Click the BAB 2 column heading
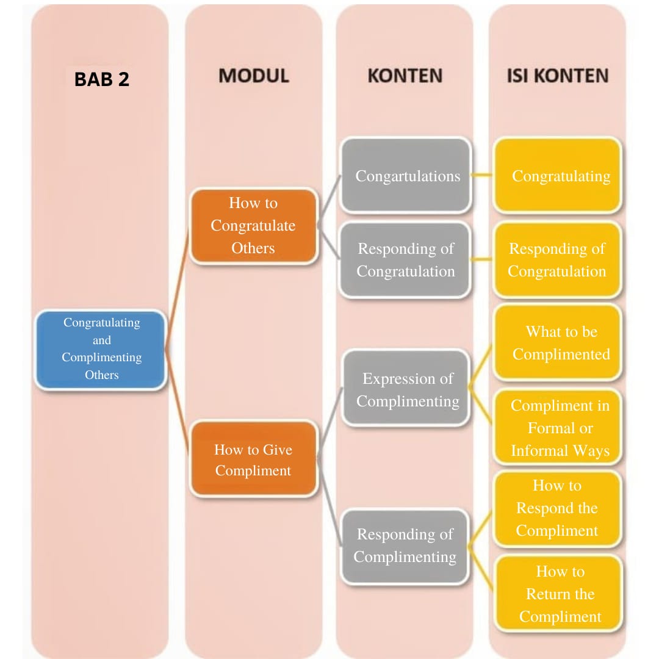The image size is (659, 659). coord(102,79)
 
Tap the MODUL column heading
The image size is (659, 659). coord(254,76)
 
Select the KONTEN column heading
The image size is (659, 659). coord(405,76)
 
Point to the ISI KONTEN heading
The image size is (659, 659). coord(558,76)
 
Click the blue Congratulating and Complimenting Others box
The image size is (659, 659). coord(101,349)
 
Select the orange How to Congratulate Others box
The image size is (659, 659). coord(253,226)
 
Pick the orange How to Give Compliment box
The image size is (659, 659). coord(253,460)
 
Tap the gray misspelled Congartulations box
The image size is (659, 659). coord(406,176)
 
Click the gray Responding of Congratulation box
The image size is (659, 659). coord(406,260)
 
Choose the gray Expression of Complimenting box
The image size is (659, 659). coord(407,389)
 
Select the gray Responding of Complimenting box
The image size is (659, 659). coord(405,546)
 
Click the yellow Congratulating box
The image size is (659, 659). coord(559,176)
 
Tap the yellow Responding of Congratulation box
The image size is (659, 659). coord(557,260)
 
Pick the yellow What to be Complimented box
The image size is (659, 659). coord(559,343)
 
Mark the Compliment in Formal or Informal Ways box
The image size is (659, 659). coord(559,428)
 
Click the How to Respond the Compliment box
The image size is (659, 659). coord(557,508)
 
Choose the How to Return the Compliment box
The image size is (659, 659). coord(560,594)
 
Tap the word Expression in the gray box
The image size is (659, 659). coord(391,379)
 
